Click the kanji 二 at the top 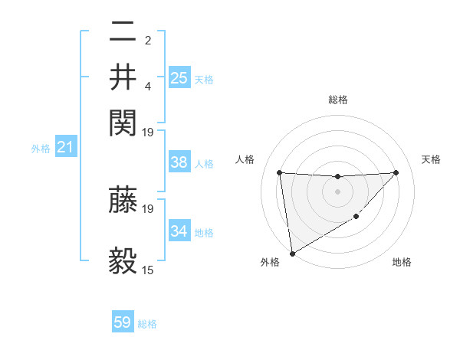pos(123,33)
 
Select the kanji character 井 pos(123,77)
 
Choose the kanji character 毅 pos(123,260)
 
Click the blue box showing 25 pos(179,78)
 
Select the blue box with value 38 pos(179,162)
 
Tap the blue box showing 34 pos(179,231)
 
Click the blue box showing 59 pos(123,322)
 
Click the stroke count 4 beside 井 pos(148,86)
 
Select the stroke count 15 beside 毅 pos(148,270)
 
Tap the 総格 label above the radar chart pos(337,100)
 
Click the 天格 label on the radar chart pos(431,159)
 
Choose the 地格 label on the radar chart pos(402,262)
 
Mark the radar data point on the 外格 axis pos(292,254)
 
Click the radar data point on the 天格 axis pos(396,172)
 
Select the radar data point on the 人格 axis pos(280,172)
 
